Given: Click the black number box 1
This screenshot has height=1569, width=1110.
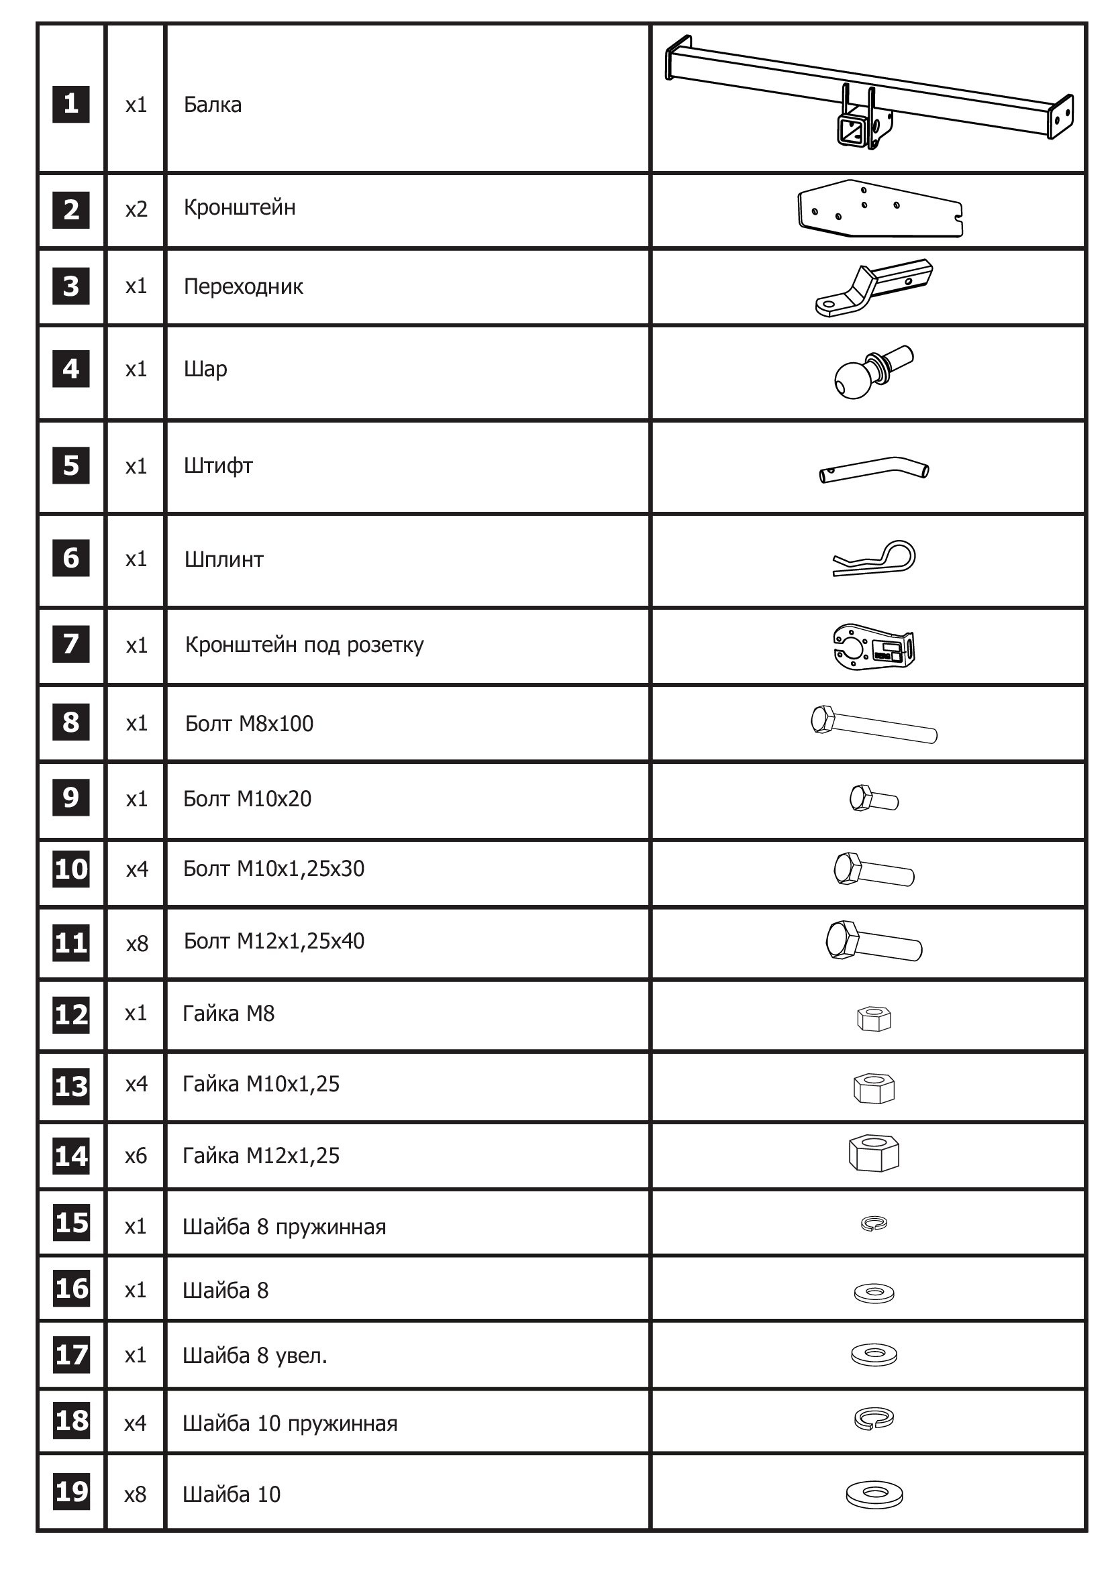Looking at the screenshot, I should [x=71, y=104].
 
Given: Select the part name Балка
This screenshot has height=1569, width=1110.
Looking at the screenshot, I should [x=213, y=105].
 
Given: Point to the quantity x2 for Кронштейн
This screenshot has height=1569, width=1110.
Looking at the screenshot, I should [x=136, y=209].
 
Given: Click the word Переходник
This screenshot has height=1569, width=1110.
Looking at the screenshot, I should [x=244, y=286].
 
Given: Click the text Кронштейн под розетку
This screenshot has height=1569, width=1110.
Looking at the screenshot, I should [x=304, y=645].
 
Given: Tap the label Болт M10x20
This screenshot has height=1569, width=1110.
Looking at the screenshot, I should [x=248, y=799].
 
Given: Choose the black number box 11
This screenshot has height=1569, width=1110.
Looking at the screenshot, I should [x=71, y=942].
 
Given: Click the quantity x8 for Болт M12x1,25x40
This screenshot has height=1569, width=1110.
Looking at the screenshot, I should [x=137, y=943].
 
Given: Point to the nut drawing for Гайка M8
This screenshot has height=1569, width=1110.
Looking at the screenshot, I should [x=874, y=1018].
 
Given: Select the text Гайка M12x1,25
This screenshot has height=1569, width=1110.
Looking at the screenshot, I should [x=261, y=1156].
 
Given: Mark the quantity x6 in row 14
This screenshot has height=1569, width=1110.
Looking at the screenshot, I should [x=136, y=1156].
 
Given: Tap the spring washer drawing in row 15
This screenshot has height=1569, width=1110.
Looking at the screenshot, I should [x=874, y=1223].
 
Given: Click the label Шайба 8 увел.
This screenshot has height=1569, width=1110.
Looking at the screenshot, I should [x=255, y=1356].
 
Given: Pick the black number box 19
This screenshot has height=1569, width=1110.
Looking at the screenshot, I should [x=71, y=1491].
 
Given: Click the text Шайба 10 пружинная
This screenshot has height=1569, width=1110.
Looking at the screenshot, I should [x=290, y=1423].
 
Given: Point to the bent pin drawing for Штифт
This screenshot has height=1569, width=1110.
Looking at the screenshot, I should [x=874, y=470].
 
